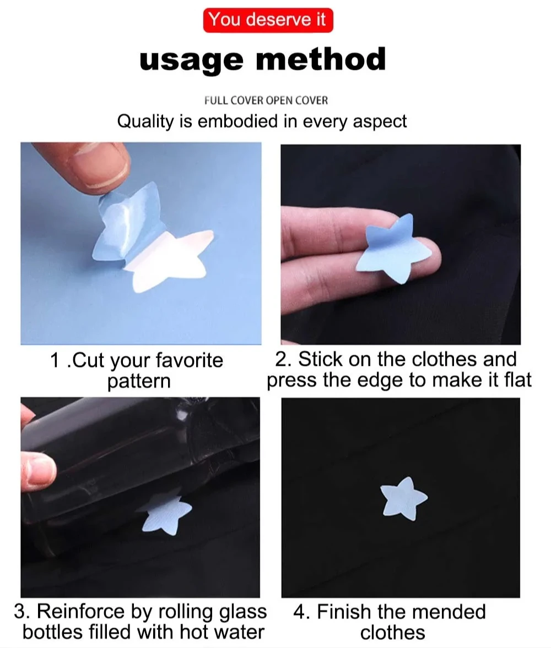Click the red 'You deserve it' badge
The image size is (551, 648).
tap(268, 20)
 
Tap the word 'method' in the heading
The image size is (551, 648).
tap(321, 58)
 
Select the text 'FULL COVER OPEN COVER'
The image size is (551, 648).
tap(266, 101)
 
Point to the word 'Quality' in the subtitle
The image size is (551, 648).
tap(145, 122)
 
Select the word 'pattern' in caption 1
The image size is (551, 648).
tap(139, 381)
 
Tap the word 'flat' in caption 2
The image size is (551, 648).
tap(518, 380)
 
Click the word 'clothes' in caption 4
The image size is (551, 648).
tap(392, 633)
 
